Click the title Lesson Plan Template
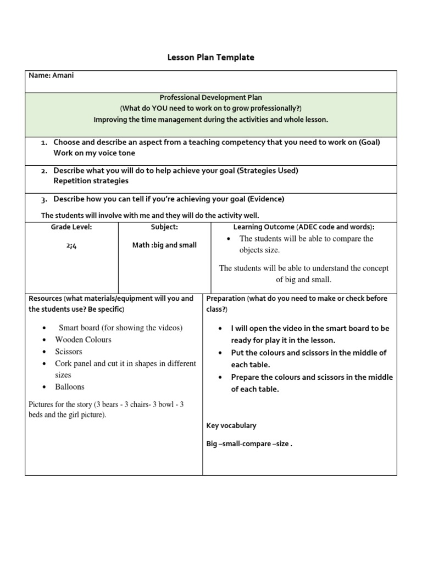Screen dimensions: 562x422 click(x=211, y=57)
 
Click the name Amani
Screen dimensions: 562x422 click(x=62, y=75)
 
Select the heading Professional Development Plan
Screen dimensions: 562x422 click(x=211, y=97)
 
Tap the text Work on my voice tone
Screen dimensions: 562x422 click(x=94, y=153)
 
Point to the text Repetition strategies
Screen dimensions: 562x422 click(x=91, y=181)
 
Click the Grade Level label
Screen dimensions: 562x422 click(x=71, y=227)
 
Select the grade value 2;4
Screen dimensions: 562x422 click(x=71, y=246)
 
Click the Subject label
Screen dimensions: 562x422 click(x=164, y=227)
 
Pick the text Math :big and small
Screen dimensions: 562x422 click(x=164, y=245)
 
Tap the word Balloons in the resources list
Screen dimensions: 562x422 click(x=70, y=387)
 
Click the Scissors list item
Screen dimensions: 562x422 click(x=69, y=351)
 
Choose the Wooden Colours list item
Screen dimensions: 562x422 click(x=83, y=340)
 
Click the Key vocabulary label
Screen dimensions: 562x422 click(x=231, y=425)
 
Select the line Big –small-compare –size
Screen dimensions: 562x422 click(x=249, y=444)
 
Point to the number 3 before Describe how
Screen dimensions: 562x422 click(x=43, y=199)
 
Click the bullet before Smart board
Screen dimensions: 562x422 click(x=43, y=328)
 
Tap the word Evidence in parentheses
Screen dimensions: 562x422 click(x=266, y=199)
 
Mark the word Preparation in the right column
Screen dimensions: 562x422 click(x=225, y=299)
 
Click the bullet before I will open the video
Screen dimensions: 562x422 click(x=220, y=329)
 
